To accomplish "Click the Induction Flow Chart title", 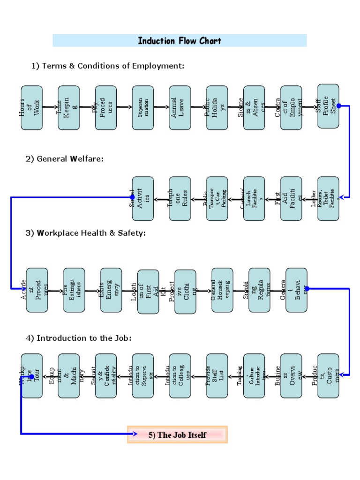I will (x=180, y=41).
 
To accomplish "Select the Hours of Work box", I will (x=31, y=107).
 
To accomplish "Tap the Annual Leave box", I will (x=180, y=107).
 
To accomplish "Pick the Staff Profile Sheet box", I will (x=328, y=106).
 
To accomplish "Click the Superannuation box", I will (x=143, y=107).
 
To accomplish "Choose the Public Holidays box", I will (x=217, y=107).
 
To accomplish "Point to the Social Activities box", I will (x=143, y=198).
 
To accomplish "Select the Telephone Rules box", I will (x=180, y=198).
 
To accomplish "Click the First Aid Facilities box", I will (x=291, y=198).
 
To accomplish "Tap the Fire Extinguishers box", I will (x=74, y=290).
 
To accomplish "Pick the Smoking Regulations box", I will (x=259, y=290).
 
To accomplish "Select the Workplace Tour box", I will (x=31, y=376).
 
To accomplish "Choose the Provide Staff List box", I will (x=217, y=376).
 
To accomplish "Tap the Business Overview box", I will (x=291, y=376).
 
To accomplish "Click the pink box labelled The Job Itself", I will (x=177, y=435).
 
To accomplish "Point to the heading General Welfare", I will (x=65, y=159).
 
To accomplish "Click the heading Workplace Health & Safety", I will (x=85, y=233).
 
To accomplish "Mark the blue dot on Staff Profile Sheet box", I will (x=339, y=106).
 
